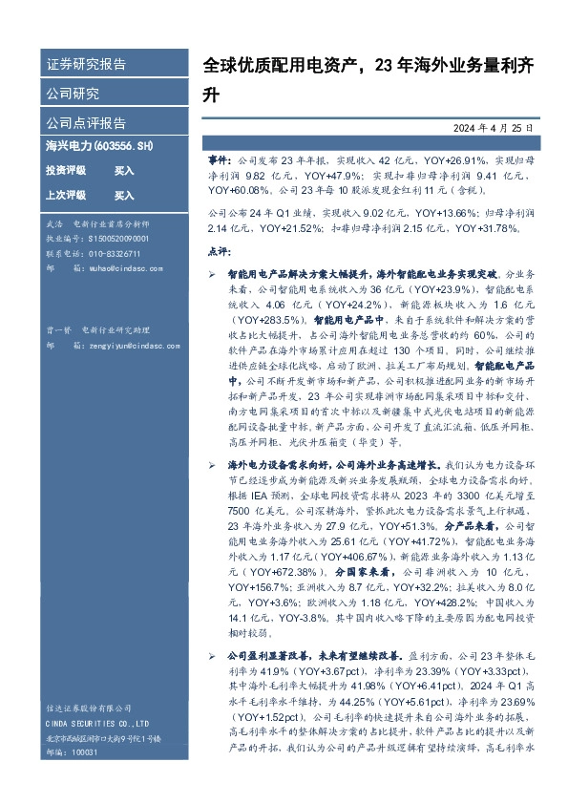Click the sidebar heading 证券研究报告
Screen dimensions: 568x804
pos(86,65)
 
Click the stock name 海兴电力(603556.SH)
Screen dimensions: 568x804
pos(99,146)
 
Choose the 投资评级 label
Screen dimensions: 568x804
pos(66,170)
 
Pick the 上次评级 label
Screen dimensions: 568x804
pos(66,195)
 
